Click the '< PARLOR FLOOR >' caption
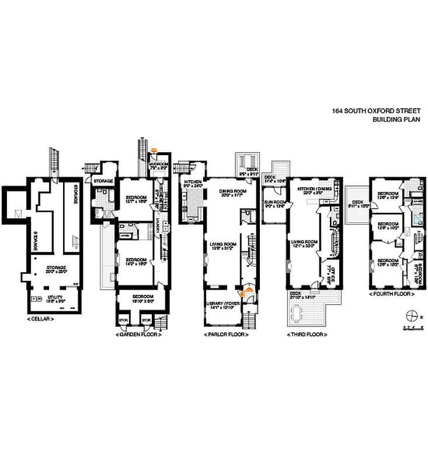pyautogui.click(x=226, y=335)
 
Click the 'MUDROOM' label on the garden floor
pyautogui.click(x=159, y=164)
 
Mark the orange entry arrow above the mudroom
pyautogui.click(x=154, y=150)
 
